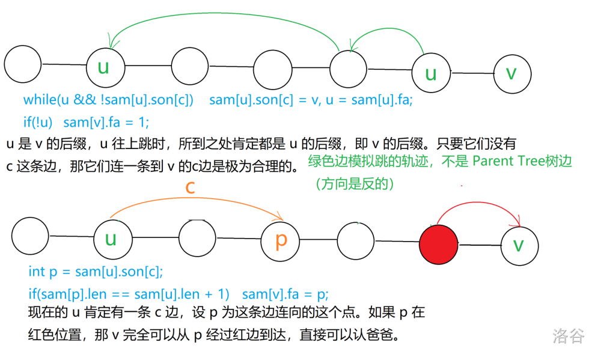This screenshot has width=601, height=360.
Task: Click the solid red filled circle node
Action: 438,244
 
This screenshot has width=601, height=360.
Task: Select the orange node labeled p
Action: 281,240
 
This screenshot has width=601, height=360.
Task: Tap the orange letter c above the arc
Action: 190,187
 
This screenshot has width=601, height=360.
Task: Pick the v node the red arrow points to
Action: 520,245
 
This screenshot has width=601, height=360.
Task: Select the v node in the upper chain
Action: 512,73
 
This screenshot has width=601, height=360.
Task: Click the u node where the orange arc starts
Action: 111,239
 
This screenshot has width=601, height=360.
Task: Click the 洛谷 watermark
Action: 568,335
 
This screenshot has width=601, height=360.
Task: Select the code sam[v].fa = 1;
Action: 106,122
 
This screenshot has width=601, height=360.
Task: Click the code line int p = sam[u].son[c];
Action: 96,272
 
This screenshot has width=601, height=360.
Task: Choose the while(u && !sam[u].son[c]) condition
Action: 109,100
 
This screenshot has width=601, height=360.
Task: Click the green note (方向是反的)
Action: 355,184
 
